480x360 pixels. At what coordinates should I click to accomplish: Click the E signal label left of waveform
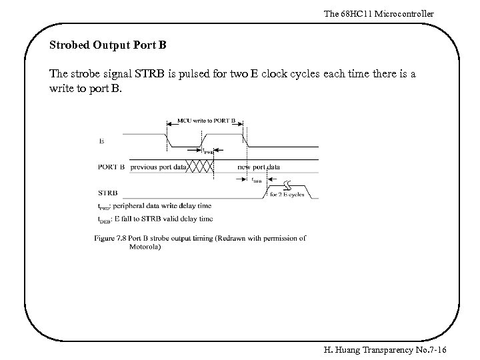pyautogui.click(x=101, y=141)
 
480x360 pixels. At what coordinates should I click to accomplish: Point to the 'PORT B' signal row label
pyautogui.click(x=111, y=167)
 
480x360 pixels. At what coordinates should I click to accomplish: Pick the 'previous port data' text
pyautogui.click(x=158, y=167)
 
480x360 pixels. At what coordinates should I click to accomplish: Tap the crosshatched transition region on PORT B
pyautogui.click(x=200, y=167)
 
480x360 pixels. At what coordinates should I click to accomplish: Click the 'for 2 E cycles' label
pyautogui.click(x=287, y=195)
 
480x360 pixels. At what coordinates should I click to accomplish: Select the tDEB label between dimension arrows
pyautogui.click(x=257, y=180)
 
